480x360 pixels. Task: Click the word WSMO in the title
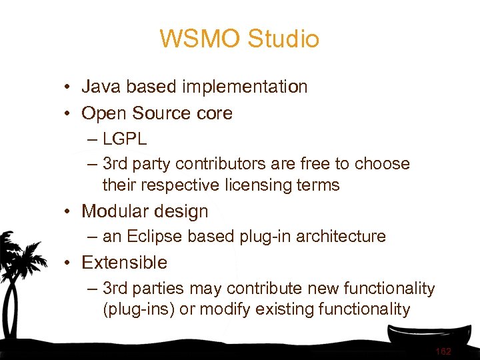coord(200,39)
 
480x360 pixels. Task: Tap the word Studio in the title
coord(283,39)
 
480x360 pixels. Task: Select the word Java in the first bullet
coord(101,87)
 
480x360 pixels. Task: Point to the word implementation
coord(244,87)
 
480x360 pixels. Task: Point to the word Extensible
coord(124,263)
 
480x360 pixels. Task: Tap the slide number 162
coord(443,351)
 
